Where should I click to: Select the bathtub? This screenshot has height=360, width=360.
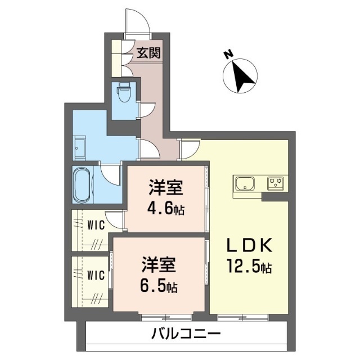tap(82, 184)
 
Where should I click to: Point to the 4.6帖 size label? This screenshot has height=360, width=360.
tap(167, 209)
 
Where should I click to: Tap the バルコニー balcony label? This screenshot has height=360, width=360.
tap(186, 335)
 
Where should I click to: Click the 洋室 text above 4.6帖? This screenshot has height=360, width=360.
tap(167, 187)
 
